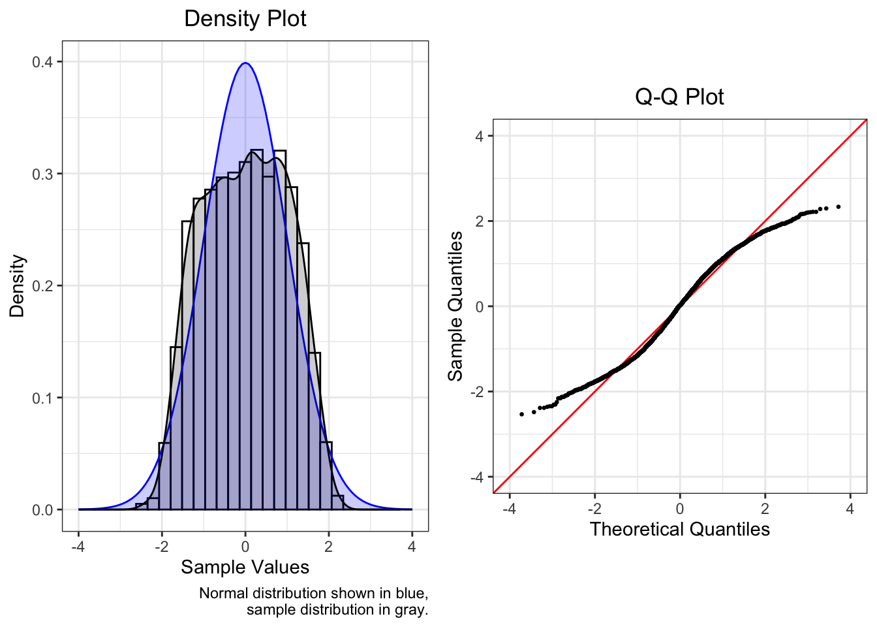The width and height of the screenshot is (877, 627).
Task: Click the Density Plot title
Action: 245,18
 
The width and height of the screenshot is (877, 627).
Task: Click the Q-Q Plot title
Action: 679,97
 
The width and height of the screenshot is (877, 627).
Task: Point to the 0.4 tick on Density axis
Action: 42,62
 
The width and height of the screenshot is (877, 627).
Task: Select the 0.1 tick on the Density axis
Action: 42,398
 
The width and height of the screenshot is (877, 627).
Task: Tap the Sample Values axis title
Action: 245,567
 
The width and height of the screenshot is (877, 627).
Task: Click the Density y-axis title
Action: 17,286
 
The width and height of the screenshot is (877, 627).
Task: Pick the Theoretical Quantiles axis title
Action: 679,529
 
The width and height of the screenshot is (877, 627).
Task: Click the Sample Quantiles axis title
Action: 455,306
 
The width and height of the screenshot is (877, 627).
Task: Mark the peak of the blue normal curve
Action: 245,63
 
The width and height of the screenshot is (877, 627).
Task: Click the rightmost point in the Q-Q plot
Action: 839,206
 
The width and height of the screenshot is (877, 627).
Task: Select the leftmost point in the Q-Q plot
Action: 521,414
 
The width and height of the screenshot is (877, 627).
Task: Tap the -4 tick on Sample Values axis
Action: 78,547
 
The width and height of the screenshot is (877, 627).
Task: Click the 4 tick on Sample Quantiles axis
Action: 480,136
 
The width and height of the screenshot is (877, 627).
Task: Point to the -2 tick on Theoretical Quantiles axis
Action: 594,509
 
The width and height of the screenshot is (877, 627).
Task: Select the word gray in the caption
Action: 412,610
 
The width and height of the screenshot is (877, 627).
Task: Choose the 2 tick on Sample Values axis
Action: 328,547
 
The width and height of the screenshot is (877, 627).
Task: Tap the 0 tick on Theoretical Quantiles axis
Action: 680,509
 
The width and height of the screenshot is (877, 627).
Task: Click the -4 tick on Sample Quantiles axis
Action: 477,477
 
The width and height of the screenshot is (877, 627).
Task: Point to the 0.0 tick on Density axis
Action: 42,510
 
